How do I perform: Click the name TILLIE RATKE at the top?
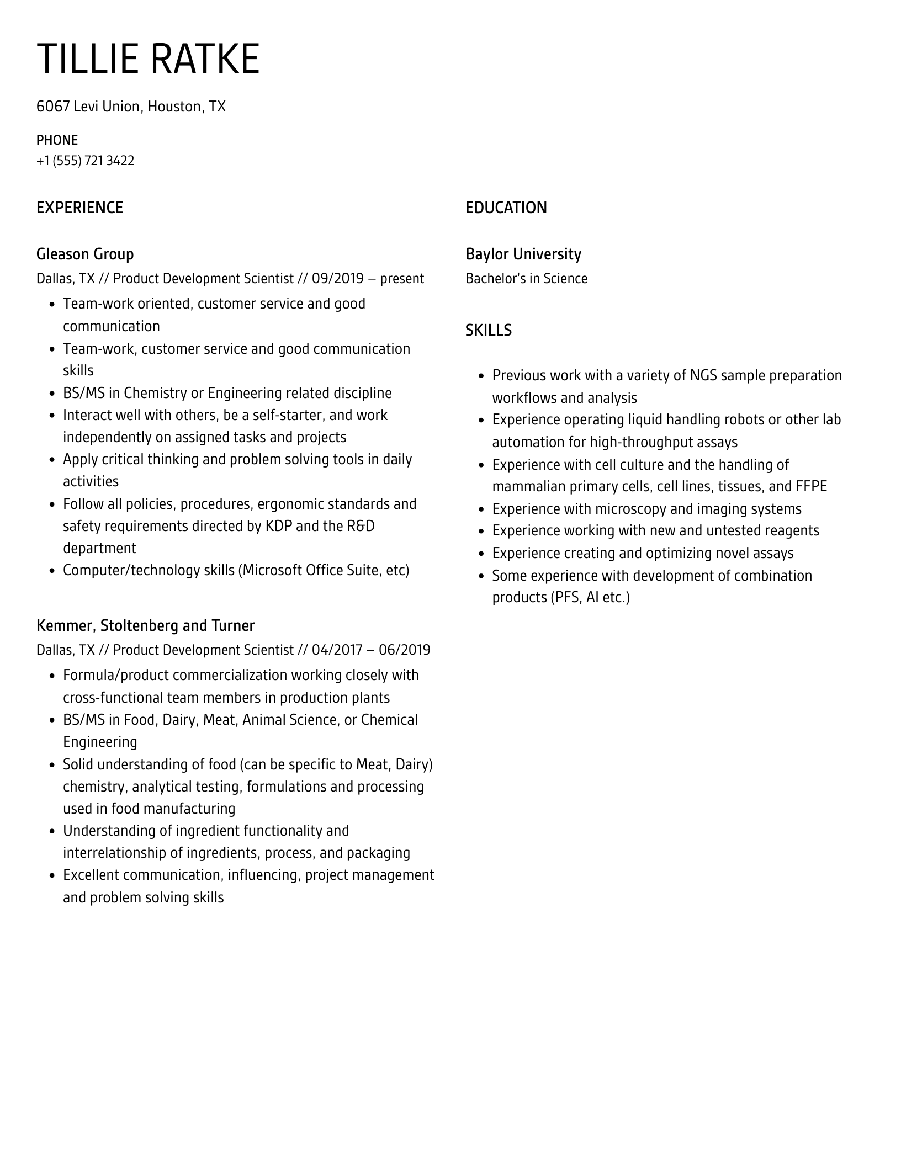148,59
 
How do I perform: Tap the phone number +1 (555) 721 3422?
85,161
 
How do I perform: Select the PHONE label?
57,140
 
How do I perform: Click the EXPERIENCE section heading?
79,208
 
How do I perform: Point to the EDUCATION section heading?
506,208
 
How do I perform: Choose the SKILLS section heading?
488,330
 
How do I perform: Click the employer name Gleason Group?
85,254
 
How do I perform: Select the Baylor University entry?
523,254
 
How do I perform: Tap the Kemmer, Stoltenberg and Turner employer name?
145,625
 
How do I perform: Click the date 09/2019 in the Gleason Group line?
337,278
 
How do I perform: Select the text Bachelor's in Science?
526,278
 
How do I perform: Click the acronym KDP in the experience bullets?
278,526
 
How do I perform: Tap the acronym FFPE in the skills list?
811,486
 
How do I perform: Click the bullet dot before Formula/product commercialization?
52,676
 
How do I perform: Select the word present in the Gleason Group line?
402,278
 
